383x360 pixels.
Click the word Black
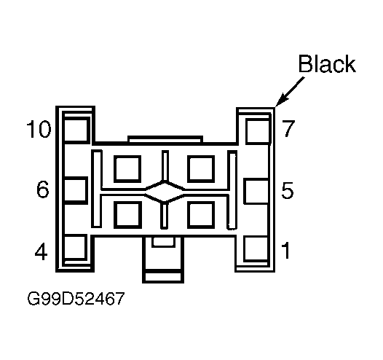pyautogui.click(x=327, y=64)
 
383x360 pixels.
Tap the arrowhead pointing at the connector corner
pyautogui.click(x=280, y=101)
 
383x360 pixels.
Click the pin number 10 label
pyautogui.click(x=39, y=129)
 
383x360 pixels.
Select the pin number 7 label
pyautogui.click(x=288, y=128)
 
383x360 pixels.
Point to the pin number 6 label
pyautogui.click(x=43, y=189)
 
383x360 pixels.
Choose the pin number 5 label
pyautogui.click(x=287, y=190)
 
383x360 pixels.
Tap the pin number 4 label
pyautogui.click(x=41, y=251)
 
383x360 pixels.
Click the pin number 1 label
pyautogui.click(x=285, y=250)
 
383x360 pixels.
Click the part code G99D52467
pyautogui.click(x=76, y=298)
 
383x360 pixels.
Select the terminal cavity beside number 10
pyautogui.click(x=76, y=130)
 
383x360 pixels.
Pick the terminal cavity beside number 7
pyautogui.click(x=258, y=131)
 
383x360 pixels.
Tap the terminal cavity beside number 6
pyautogui.click(x=75, y=190)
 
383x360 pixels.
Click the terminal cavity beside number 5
pyautogui.click(x=256, y=191)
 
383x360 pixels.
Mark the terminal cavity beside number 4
pyautogui.click(x=75, y=247)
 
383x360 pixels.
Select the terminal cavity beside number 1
pyautogui.click(x=256, y=249)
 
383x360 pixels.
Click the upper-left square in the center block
pyautogui.click(x=127, y=169)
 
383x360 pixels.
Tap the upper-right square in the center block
pyautogui.click(x=201, y=169)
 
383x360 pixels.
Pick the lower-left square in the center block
pyautogui.click(x=127, y=215)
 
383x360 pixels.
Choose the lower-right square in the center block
pyautogui.click(x=201, y=215)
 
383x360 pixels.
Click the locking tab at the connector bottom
pyautogui.click(x=163, y=259)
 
